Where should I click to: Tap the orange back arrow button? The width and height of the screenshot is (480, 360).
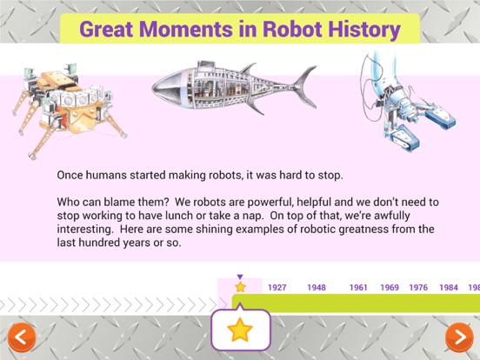click(x=22, y=337)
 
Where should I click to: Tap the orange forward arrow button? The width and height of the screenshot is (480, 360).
click(x=459, y=337)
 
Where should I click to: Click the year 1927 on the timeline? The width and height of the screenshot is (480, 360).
click(x=277, y=288)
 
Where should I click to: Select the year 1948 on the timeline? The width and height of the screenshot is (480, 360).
click(x=317, y=288)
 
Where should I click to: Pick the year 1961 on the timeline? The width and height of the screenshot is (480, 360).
click(x=358, y=288)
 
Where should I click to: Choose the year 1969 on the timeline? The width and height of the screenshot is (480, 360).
click(x=390, y=288)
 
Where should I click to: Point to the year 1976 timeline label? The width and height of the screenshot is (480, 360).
click(x=418, y=288)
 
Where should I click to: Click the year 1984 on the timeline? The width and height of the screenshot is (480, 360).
click(x=449, y=288)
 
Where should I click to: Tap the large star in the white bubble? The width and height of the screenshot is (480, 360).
click(x=240, y=330)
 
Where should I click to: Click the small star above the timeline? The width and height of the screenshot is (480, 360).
click(x=240, y=287)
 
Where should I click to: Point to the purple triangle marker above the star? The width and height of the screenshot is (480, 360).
click(x=240, y=277)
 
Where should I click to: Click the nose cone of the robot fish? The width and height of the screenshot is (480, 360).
click(x=169, y=87)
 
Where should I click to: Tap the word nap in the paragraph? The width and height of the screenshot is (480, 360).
click(x=253, y=217)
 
